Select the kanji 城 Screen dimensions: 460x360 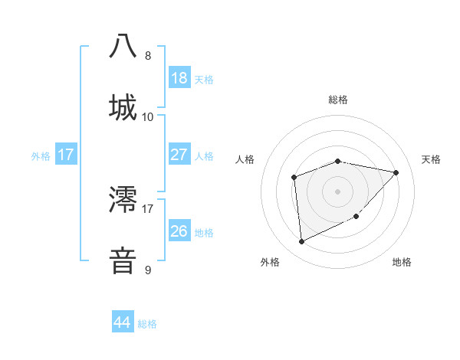click(123, 106)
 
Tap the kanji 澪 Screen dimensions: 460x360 click(123, 199)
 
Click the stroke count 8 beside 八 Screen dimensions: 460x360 click(148, 56)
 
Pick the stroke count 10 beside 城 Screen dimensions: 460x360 click(148, 116)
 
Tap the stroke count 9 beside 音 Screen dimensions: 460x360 click(148, 270)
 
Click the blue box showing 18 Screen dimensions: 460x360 click(179, 78)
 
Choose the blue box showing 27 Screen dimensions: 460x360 click(179, 155)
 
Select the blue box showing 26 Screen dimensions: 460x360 click(179, 231)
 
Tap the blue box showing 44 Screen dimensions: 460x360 click(122, 322)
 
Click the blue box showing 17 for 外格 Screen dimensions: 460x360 click(65, 155)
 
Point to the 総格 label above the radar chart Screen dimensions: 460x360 click(338, 100)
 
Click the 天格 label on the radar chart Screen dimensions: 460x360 click(432, 159)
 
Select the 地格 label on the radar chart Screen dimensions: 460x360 click(402, 262)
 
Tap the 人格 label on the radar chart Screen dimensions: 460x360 click(245, 159)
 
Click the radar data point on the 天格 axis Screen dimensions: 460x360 click(396, 172)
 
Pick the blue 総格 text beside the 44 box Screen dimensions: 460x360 click(148, 324)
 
